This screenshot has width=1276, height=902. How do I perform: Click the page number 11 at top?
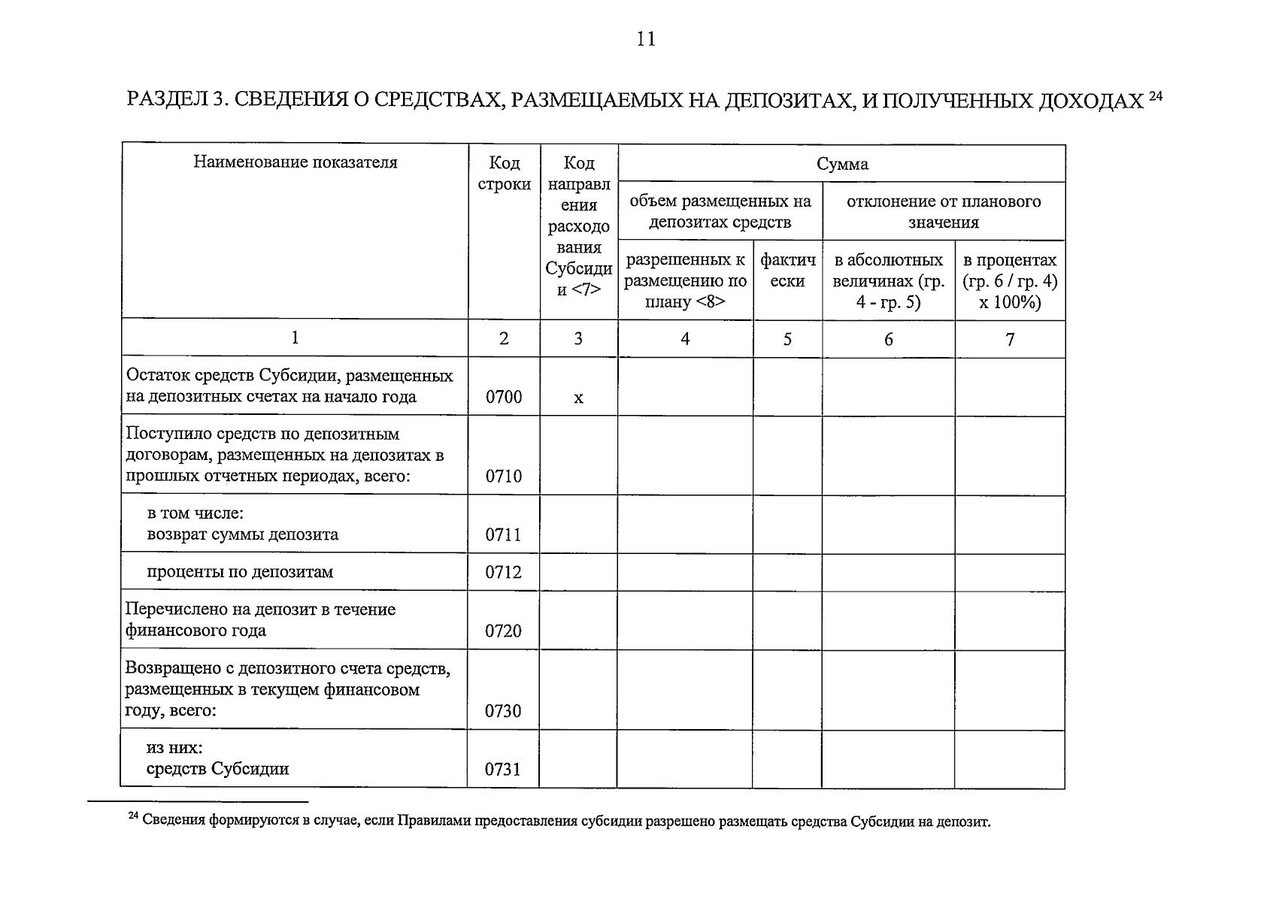(x=645, y=40)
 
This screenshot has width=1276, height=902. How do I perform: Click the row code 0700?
(x=503, y=397)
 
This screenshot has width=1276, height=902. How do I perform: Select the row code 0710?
(x=503, y=476)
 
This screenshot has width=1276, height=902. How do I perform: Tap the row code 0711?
(x=503, y=534)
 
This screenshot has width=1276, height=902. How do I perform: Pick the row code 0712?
(x=503, y=572)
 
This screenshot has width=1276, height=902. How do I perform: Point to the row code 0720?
(x=503, y=631)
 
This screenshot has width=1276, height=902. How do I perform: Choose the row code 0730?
(x=503, y=710)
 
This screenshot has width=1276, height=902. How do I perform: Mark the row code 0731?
(x=503, y=769)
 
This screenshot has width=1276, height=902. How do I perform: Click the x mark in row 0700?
(x=578, y=398)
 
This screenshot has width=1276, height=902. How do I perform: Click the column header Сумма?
(x=842, y=164)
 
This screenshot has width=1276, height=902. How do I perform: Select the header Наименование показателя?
(x=295, y=162)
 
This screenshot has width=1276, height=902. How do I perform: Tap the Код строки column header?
(x=504, y=174)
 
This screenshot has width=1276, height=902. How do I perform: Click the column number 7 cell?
(x=1010, y=339)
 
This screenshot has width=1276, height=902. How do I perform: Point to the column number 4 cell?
(x=685, y=339)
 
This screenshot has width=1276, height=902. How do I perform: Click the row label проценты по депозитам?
(x=239, y=572)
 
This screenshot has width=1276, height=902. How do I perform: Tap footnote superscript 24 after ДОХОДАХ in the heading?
(x=1156, y=95)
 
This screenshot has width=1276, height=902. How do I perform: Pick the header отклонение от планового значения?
(x=944, y=211)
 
